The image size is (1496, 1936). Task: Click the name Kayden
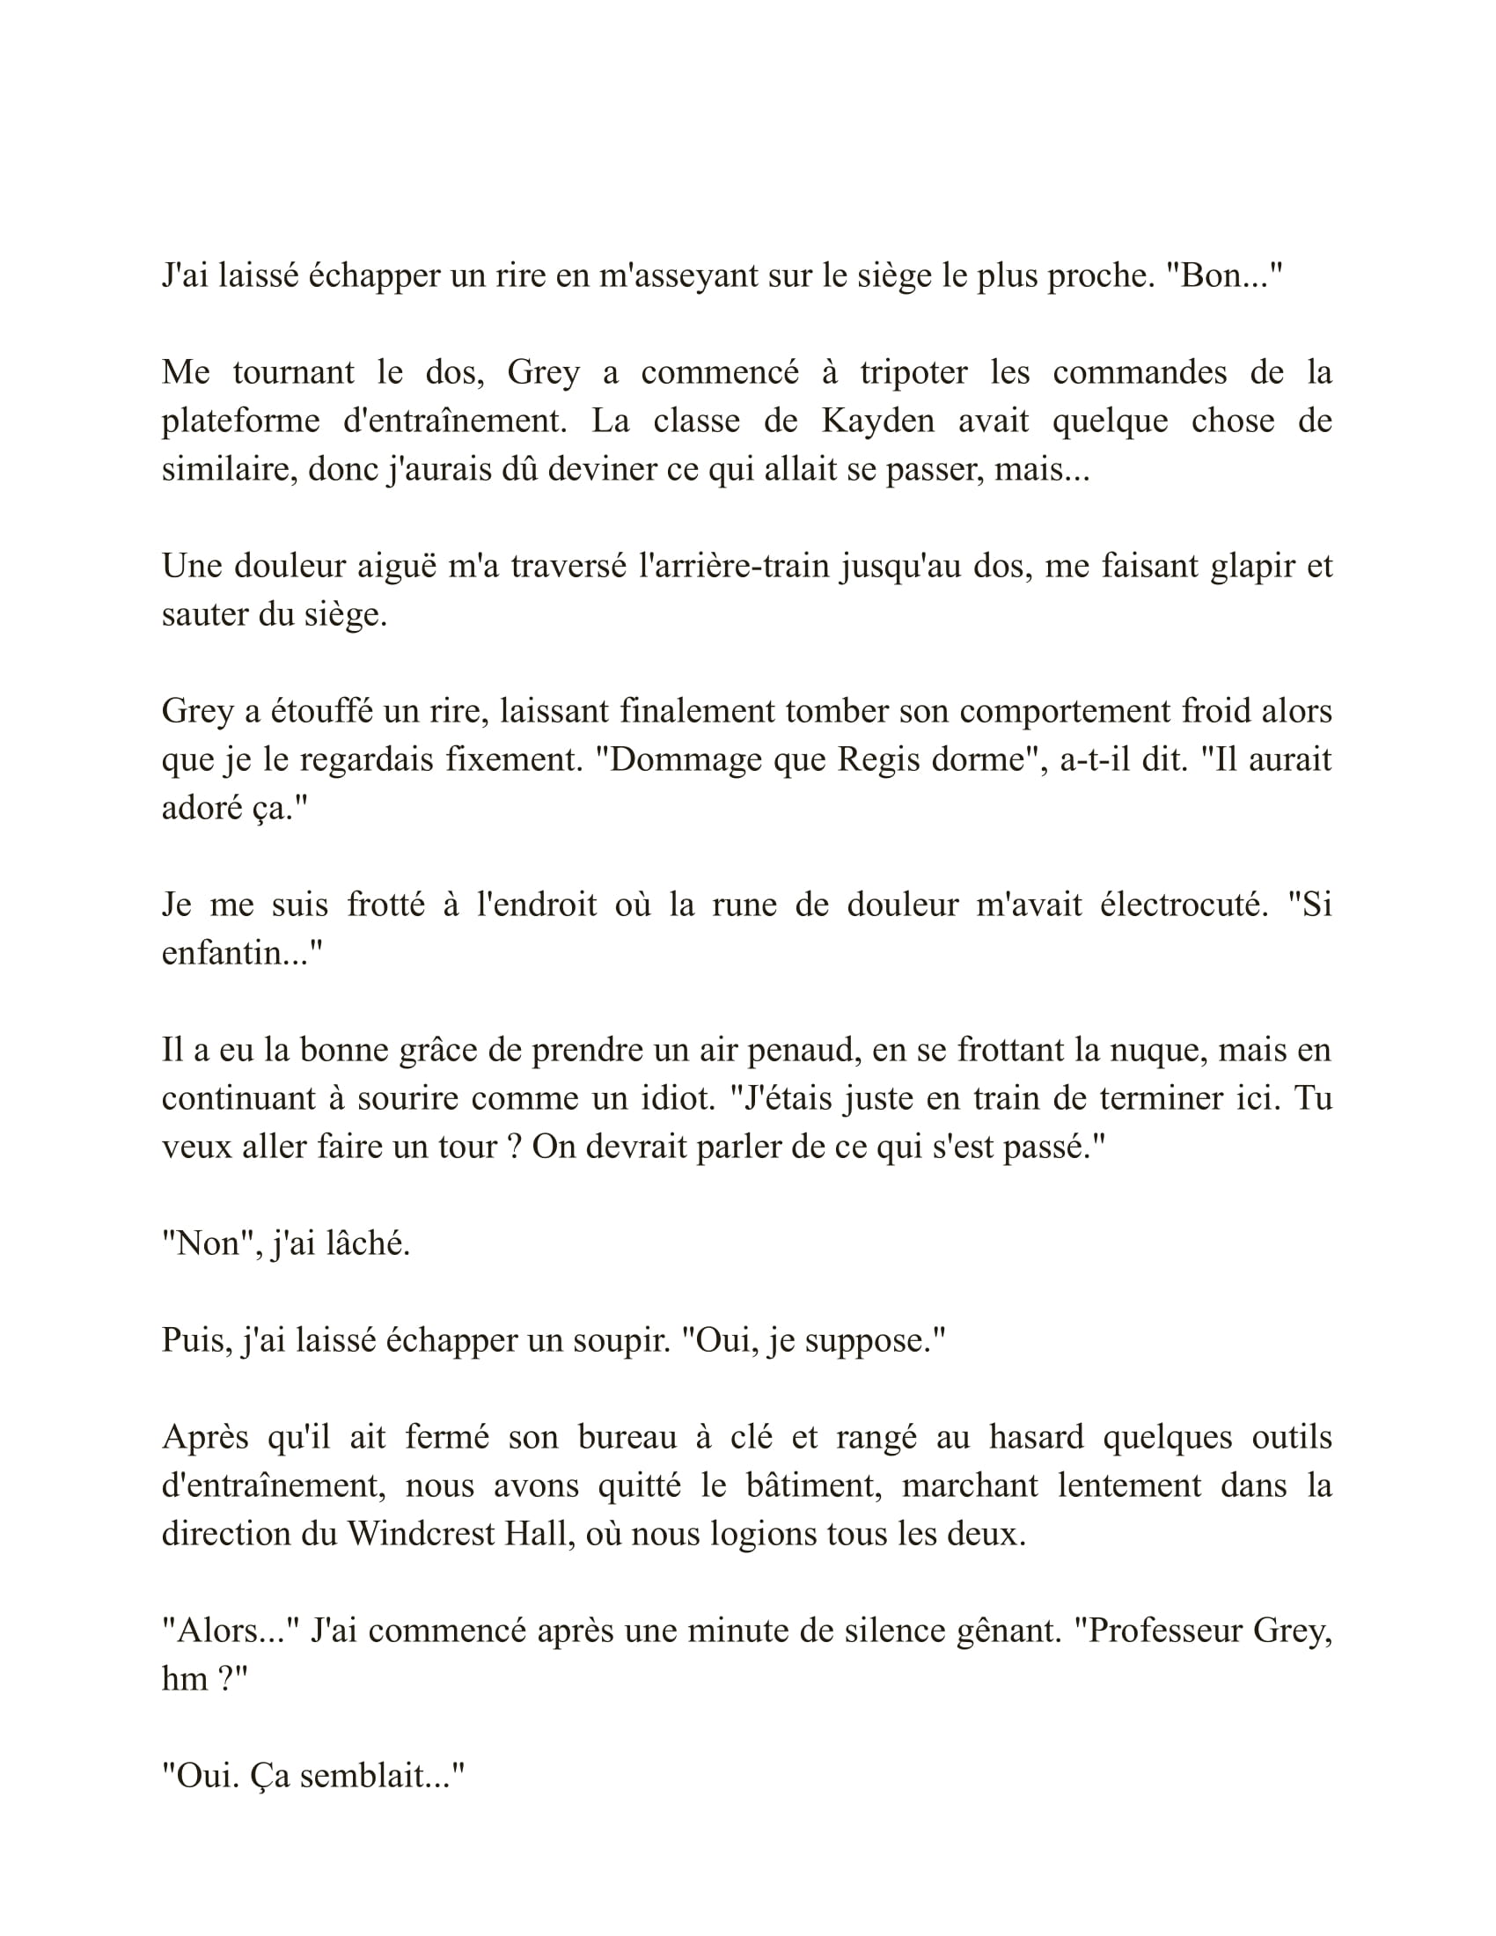(877, 420)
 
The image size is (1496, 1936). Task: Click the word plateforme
(240, 420)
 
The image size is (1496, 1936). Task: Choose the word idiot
(677, 1098)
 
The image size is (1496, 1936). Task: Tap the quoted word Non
(209, 1243)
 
